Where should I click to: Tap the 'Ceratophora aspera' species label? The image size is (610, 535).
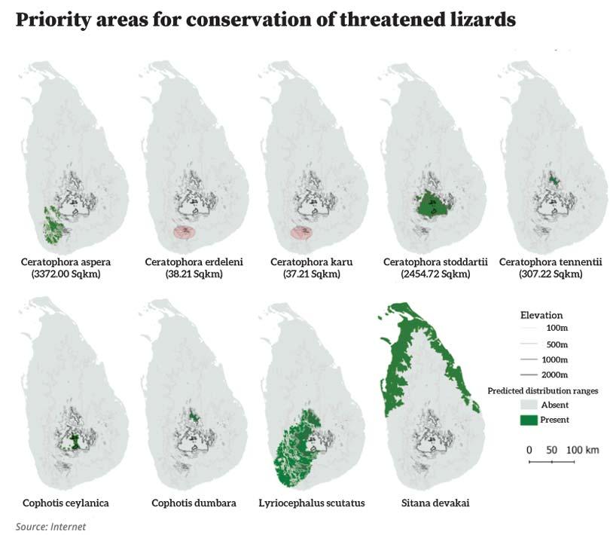tap(66, 261)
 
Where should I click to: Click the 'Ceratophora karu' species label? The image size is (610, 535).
tap(311, 261)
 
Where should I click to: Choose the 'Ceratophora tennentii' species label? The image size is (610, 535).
tap(551, 261)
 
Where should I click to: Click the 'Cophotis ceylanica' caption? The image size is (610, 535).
tap(66, 503)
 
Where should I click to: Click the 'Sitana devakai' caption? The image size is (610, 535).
tap(435, 503)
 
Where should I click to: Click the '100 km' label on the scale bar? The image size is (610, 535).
tap(582, 449)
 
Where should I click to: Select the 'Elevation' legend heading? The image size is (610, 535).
tap(541, 314)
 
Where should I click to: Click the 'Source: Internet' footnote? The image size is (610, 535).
tap(50, 526)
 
